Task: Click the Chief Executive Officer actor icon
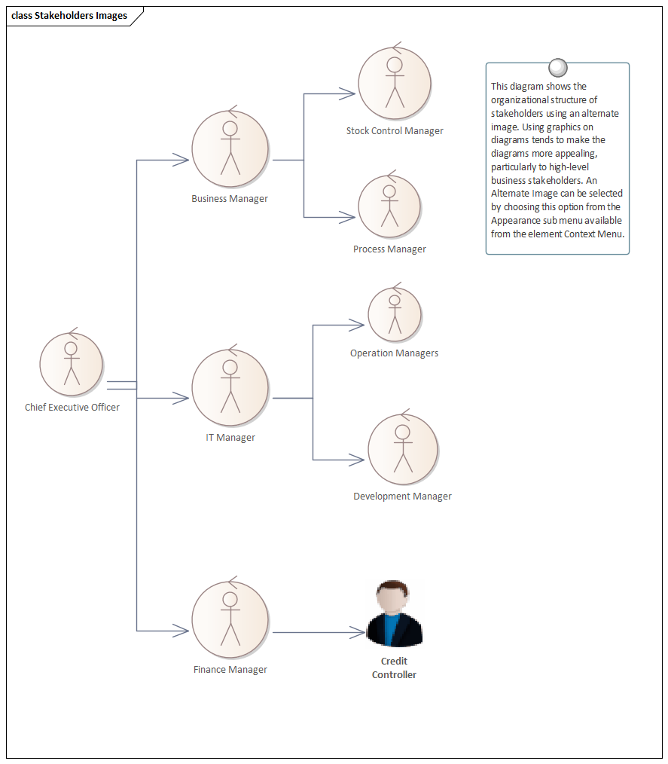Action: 72,364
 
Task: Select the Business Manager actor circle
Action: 230,148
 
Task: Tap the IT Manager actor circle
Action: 230,387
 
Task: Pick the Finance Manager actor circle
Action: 230,619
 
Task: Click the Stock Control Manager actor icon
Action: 394,83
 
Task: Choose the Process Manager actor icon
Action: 389,207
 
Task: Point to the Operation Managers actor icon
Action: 394,315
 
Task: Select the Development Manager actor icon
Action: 403,449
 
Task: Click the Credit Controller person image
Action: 394,614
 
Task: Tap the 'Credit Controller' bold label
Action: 394,668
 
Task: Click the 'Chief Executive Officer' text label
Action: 72,408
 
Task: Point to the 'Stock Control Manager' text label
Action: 395,131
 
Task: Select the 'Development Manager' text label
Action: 402,497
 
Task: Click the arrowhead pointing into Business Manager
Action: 181,160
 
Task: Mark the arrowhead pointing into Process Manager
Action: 347,218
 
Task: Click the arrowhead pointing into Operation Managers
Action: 356,325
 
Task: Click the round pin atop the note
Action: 557,68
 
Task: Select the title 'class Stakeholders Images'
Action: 69,16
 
